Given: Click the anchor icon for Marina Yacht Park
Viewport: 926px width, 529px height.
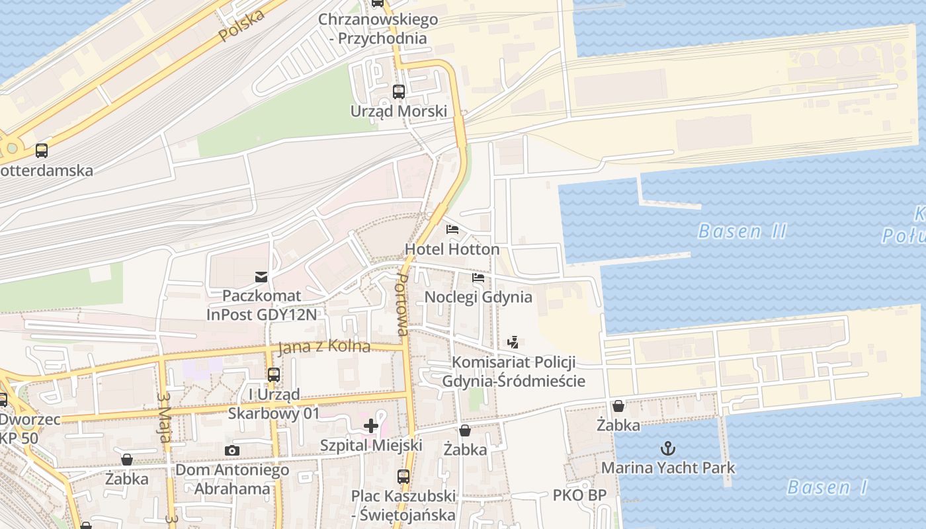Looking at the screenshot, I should pyautogui.click(x=667, y=448).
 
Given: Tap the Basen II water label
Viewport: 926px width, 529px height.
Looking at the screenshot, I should pyautogui.click(x=742, y=231).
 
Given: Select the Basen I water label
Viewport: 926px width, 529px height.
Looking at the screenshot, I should pyautogui.click(x=827, y=488).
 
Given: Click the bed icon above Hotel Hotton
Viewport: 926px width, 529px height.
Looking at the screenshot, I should pyautogui.click(x=452, y=229).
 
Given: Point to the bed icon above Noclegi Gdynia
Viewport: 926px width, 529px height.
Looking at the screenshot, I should pyautogui.click(x=478, y=277).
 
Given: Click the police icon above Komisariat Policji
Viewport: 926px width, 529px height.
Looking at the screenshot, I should pyautogui.click(x=513, y=342).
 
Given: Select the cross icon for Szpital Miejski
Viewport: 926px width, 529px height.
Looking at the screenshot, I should pyautogui.click(x=371, y=425).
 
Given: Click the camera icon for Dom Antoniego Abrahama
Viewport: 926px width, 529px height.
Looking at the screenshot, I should pyautogui.click(x=232, y=450).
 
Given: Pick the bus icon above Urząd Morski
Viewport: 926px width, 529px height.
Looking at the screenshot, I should pyautogui.click(x=399, y=91).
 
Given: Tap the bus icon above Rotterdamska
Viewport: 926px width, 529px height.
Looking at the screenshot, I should pyautogui.click(x=42, y=150).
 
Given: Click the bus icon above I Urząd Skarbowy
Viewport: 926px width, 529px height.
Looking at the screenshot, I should pyautogui.click(x=273, y=375).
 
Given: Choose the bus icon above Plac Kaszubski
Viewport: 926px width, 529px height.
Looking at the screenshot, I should pyautogui.click(x=403, y=475).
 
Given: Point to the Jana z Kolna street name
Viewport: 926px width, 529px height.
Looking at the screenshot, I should pyautogui.click(x=324, y=347).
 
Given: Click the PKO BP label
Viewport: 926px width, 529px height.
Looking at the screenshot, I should pyautogui.click(x=579, y=495).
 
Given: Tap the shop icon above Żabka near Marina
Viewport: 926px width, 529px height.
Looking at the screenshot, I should pyautogui.click(x=618, y=405).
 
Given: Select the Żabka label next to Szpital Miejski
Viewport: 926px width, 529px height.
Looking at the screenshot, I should pyautogui.click(x=465, y=450).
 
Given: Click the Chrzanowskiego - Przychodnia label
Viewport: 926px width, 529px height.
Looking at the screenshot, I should pyautogui.click(x=378, y=28).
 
